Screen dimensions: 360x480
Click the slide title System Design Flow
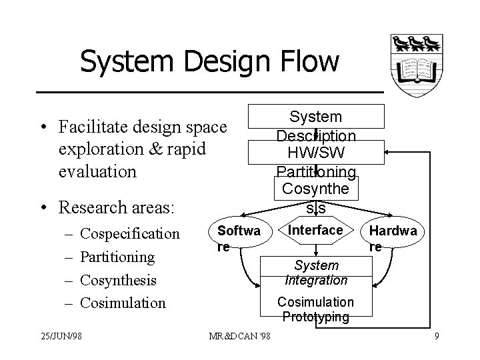[x=209, y=62]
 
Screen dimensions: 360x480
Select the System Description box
[x=317, y=117]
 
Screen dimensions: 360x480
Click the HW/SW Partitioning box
[x=317, y=153]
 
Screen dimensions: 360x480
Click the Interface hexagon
[x=316, y=230]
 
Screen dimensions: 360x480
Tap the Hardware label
[x=394, y=237]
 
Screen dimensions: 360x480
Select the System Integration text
[x=316, y=273]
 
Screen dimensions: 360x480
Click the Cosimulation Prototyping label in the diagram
[x=316, y=309]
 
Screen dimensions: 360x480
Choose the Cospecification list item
[x=130, y=234]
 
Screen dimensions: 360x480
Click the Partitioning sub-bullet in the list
[x=117, y=257]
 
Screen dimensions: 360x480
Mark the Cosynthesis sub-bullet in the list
[x=118, y=280]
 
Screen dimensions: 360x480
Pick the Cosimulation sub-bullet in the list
[x=123, y=303]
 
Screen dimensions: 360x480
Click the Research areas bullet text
[x=116, y=207]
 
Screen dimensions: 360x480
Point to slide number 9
[x=436, y=336]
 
